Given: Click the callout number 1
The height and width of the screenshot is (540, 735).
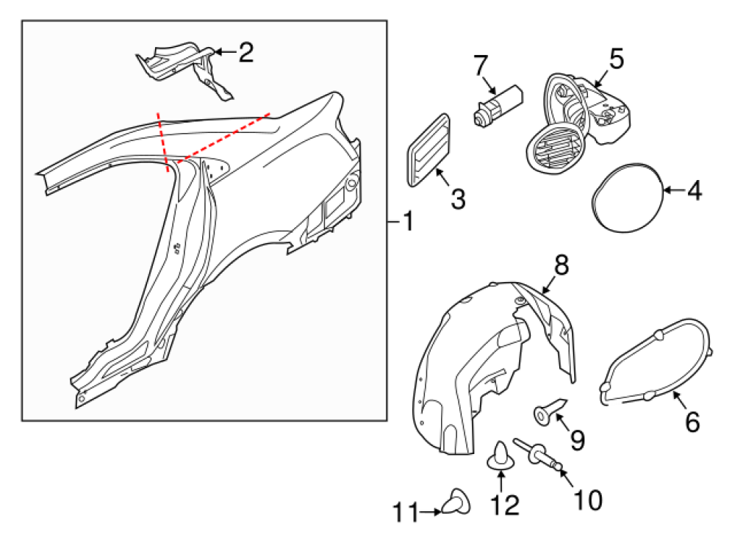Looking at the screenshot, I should pyautogui.click(x=406, y=220).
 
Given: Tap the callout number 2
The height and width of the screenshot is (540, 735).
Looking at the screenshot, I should pyautogui.click(x=245, y=52).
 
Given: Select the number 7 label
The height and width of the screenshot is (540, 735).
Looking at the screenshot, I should pyautogui.click(x=481, y=65).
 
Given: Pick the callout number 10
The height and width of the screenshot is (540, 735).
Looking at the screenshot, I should pyautogui.click(x=587, y=500).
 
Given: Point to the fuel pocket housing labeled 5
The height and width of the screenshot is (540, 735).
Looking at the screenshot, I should pyautogui.click(x=581, y=121).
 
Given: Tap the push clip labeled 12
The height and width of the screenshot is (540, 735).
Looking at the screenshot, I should pyautogui.click(x=501, y=456).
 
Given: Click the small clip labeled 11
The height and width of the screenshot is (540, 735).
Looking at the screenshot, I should pyautogui.click(x=455, y=503).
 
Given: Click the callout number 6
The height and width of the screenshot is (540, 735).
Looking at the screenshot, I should pyautogui.click(x=692, y=422).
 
